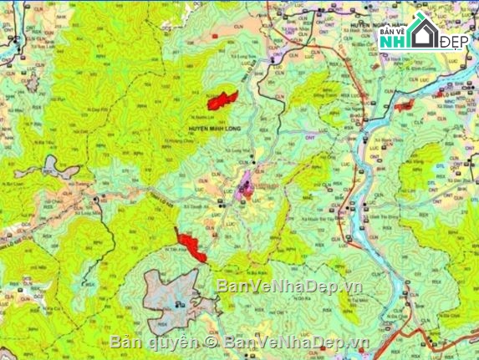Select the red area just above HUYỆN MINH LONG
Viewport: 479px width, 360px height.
pos(222,100)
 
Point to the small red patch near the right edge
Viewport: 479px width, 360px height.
pos(405,106)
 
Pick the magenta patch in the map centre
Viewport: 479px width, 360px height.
pos(247,185)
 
